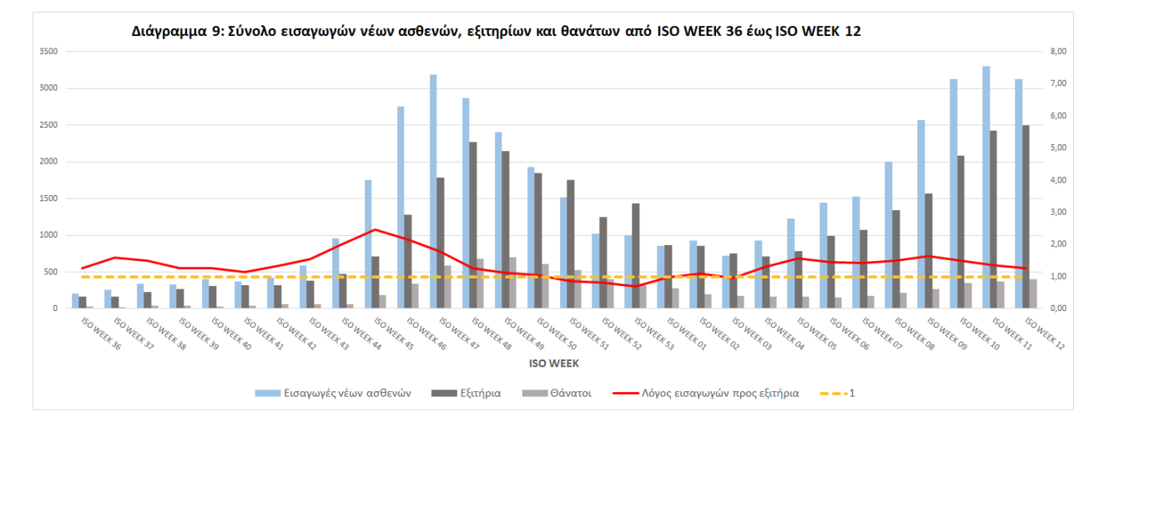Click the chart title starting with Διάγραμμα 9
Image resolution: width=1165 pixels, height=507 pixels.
(x=496, y=32)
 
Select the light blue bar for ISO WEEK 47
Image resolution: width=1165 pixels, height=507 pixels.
(x=433, y=192)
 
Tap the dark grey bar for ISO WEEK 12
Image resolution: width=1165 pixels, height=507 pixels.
(x=1026, y=217)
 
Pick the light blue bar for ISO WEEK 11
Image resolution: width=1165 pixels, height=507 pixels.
(x=986, y=188)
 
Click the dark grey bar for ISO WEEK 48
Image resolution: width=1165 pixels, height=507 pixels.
(x=473, y=225)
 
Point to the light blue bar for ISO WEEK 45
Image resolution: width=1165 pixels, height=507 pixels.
(x=368, y=244)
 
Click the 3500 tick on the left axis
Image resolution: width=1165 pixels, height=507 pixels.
(x=48, y=52)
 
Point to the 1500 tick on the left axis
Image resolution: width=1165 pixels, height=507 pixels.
(x=48, y=198)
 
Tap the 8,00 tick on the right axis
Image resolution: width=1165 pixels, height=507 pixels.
(x=1058, y=52)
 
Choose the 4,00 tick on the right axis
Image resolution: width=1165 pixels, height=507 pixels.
(x=1058, y=180)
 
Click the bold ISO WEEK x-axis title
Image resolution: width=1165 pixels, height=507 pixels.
(x=553, y=364)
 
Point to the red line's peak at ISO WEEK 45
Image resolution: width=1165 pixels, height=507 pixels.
(x=375, y=229)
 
